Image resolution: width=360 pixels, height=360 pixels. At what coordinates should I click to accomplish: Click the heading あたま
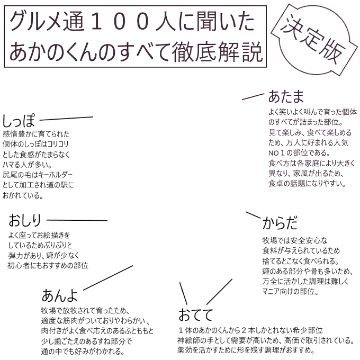[x=286, y=96]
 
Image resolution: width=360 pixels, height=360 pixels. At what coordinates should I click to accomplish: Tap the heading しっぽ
[x=19, y=121]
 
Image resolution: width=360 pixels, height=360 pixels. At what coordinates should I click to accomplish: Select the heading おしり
[x=25, y=220]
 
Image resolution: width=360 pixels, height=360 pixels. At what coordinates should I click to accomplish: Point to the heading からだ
[x=280, y=223]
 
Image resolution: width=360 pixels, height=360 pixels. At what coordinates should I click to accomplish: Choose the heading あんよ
[x=60, y=295]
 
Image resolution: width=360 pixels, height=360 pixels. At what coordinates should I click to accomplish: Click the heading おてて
[x=196, y=314]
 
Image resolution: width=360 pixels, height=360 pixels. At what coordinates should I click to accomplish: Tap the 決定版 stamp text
[x=313, y=39]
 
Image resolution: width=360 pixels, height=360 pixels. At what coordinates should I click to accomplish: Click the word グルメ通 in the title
[x=47, y=22]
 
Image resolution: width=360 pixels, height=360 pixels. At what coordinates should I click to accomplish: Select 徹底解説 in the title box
[x=217, y=52]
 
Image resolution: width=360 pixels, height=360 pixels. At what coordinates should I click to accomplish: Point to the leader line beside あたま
[x=253, y=97]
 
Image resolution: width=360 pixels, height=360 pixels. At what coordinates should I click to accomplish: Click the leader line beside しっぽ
[x=66, y=119]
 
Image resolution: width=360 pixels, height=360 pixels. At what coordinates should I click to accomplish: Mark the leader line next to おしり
[x=77, y=220]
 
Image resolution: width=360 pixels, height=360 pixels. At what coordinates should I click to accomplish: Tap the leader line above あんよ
[x=108, y=278]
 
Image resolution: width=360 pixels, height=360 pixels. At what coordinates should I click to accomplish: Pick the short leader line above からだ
[x=253, y=215]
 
